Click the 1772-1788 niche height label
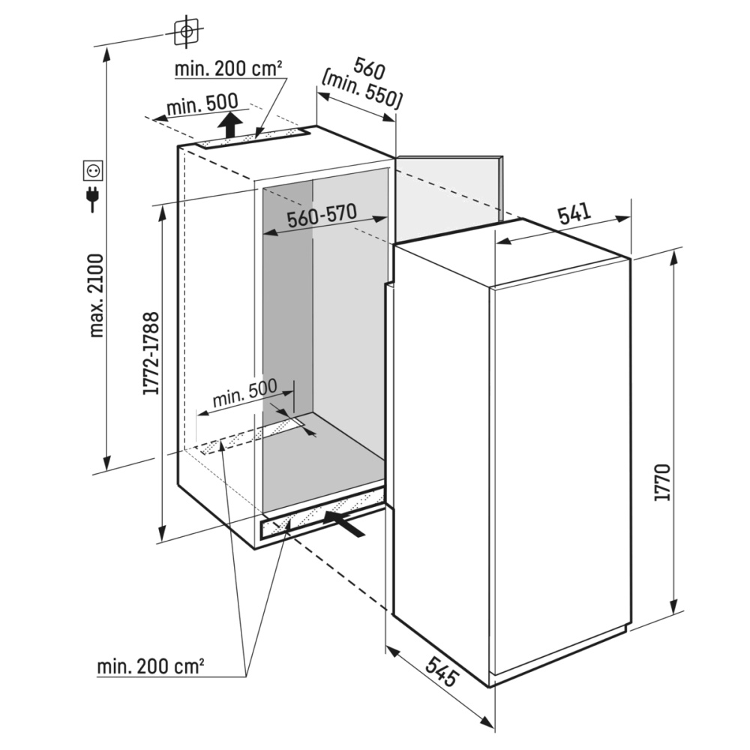tap(151, 353)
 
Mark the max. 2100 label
tap(96, 295)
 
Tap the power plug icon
tap(92, 198)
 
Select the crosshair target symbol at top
tap(187, 32)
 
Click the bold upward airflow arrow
tap(230, 124)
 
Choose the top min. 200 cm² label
tap(228, 69)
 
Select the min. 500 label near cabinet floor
tap(245, 393)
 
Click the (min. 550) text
tap(361, 90)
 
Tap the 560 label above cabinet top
tap(369, 70)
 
